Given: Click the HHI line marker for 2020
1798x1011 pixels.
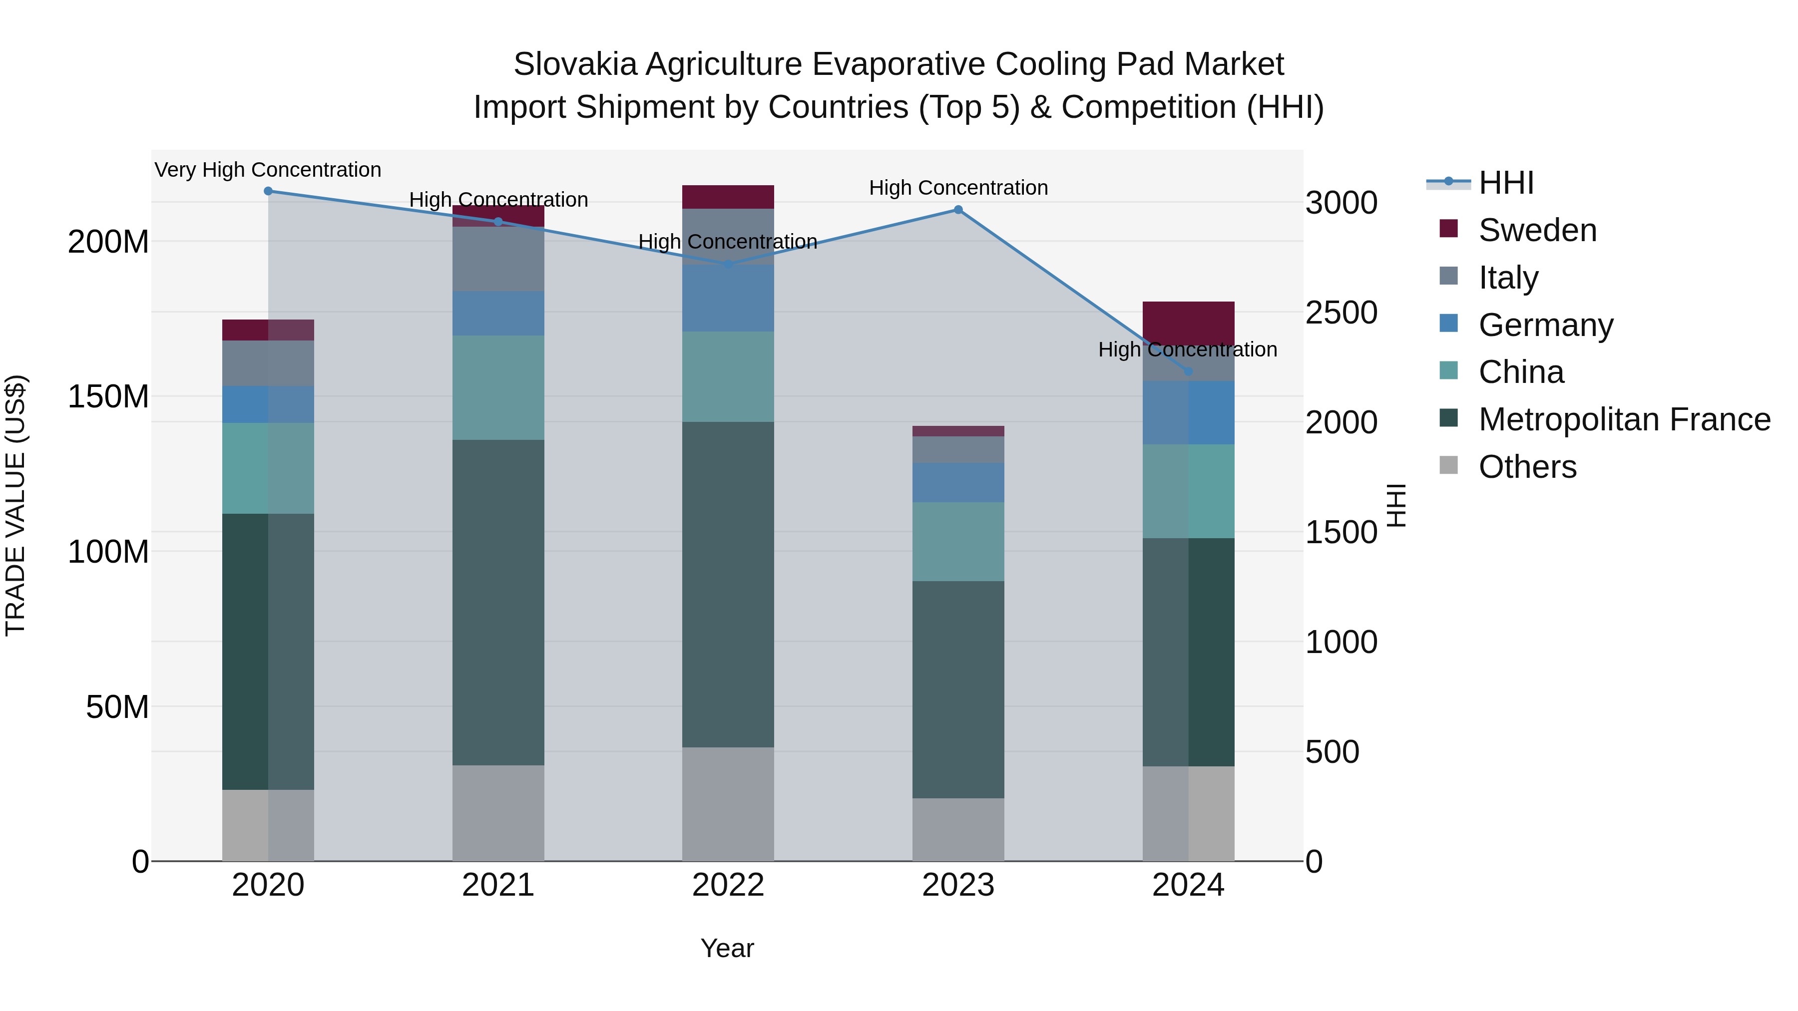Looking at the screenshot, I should (268, 191).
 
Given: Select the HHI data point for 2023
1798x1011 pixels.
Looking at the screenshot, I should (958, 210).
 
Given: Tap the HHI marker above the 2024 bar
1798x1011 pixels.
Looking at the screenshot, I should (1189, 372).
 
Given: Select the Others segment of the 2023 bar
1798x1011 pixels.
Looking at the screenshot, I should (958, 830).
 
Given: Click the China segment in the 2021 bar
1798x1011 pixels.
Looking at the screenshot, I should (498, 388).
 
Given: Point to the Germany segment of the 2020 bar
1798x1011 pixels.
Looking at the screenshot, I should (268, 405).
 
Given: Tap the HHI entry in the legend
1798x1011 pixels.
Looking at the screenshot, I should (1505, 183).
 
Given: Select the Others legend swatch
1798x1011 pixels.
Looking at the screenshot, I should (1449, 465).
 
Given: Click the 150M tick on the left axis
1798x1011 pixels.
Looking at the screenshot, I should (108, 397).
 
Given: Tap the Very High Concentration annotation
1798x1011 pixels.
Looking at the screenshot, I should (268, 170).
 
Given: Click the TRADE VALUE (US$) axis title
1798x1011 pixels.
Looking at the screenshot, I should (15, 505).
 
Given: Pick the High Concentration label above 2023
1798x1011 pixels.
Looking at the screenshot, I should (958, 188).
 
